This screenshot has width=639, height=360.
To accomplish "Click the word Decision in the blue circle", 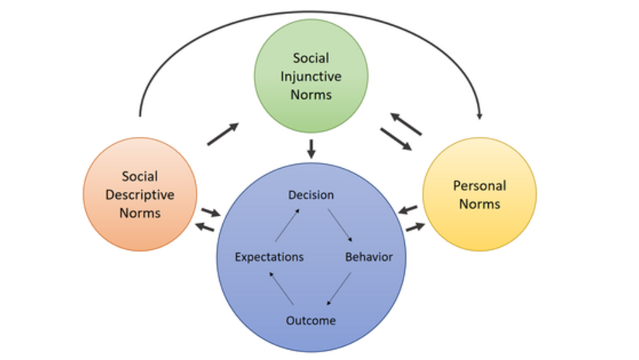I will [x=311, y=195].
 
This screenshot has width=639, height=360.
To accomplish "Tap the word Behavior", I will [x=369, y=257].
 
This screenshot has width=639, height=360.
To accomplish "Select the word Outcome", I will [x=311, y=321].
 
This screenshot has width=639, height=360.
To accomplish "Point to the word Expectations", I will [x=269, y=257].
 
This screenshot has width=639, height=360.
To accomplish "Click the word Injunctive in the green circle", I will [x=311, y=76].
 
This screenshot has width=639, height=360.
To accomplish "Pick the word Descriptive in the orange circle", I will [x=140, y=194].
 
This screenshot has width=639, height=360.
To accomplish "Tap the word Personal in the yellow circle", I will [x=479, y=186].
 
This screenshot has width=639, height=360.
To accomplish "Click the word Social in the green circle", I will [x=311, y=57].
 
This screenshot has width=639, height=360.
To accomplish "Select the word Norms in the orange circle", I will [x=140, y=213].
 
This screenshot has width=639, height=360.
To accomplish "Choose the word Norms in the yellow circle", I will [x=479, y=204].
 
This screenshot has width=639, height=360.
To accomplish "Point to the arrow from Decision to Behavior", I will [x=341, y=226].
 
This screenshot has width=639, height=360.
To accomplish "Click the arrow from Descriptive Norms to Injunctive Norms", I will [x=223, y=134].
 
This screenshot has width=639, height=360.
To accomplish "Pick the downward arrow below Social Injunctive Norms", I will [x=311, y=149].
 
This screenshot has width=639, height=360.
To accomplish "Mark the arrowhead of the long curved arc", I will [x=479, y=115].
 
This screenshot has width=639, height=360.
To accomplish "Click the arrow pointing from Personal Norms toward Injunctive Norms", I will [x=406, y=122].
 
